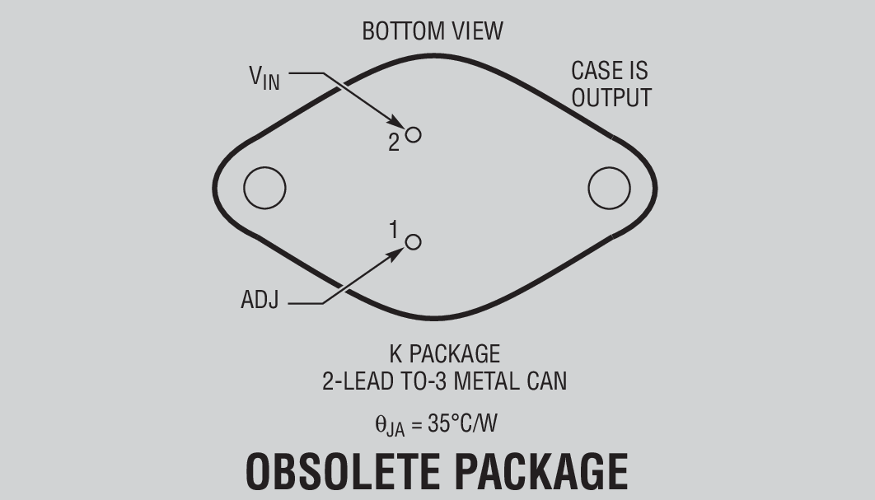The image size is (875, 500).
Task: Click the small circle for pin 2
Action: pos(413,134)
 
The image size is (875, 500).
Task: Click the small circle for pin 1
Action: pos(414,241)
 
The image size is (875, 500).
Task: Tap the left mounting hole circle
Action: pos(264,188)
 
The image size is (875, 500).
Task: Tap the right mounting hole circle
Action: pos(609,188)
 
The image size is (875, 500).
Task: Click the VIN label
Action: pos(264,77)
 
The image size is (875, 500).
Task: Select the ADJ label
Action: pos(260,301)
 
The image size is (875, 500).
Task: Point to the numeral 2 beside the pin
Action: pos(394,143)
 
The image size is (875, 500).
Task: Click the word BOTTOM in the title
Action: pos(401,31)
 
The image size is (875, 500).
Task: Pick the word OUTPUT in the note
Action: pos(611,97)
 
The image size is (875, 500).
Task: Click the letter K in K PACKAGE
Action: pos(395,354)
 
